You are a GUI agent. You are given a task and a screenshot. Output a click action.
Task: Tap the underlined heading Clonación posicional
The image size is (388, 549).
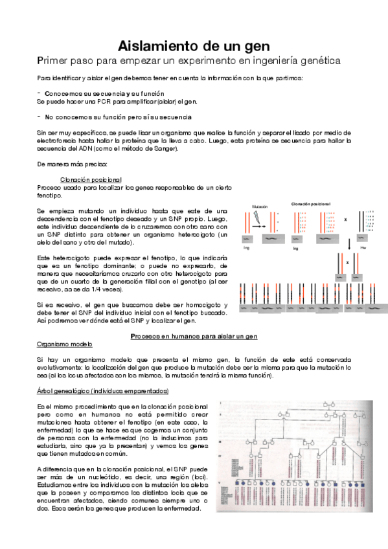pyautogui.click(x=91, y=179)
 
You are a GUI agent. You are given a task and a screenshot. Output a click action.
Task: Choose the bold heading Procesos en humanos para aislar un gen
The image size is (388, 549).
pyautogui.click(x=194, y=337)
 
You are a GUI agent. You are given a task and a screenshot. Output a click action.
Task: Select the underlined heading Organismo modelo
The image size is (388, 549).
pyautogui.click(x=65, y=344)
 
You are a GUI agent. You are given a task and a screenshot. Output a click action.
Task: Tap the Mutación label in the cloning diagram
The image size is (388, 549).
pyautogui.click(x=260, y=207)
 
